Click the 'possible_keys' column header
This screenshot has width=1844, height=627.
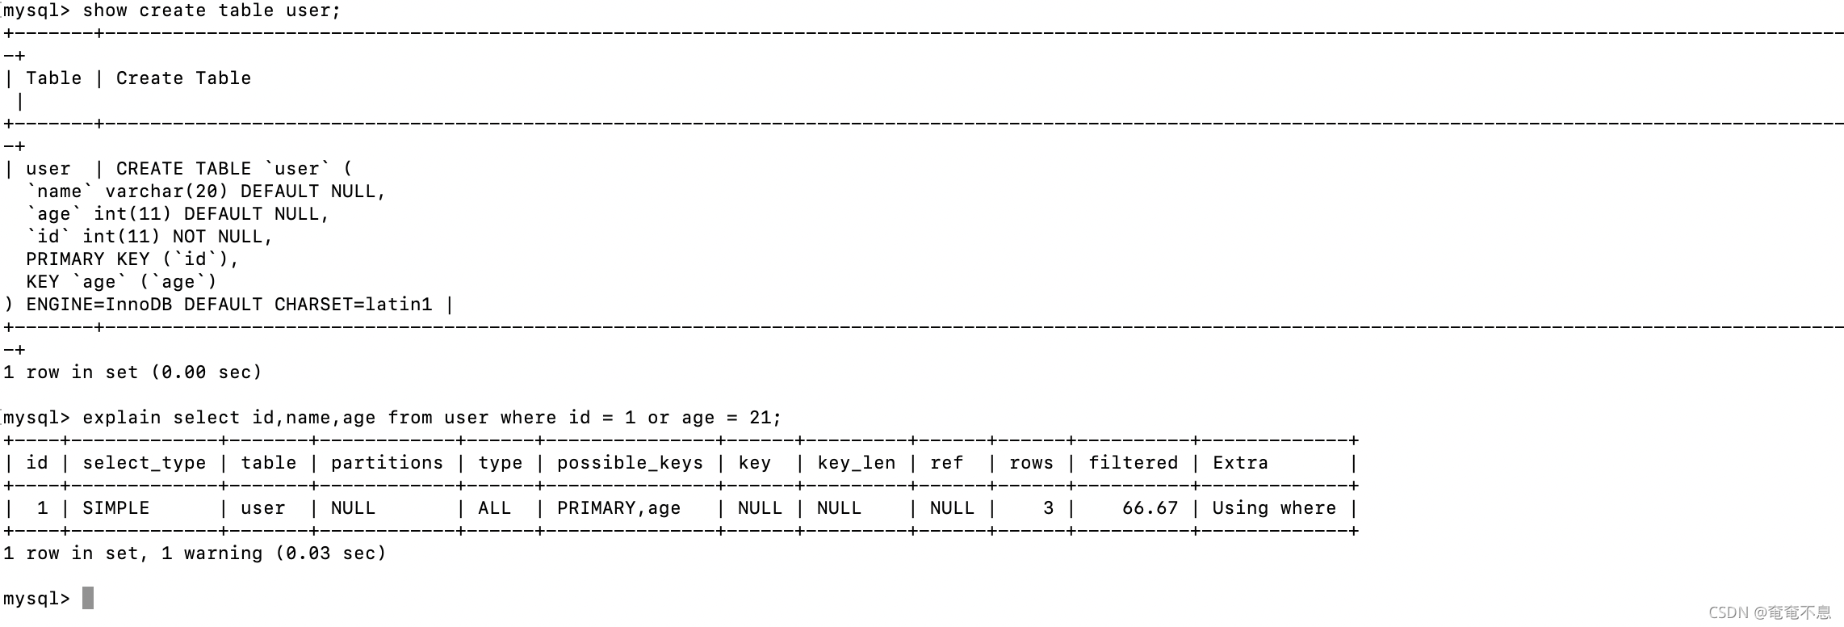(x=630, y=463)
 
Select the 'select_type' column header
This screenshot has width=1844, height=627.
(x=144, y=463)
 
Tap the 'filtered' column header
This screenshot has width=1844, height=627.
(x=1133, y=463)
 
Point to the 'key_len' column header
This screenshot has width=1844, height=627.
(x=856, y=463)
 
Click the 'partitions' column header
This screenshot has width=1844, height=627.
(x=387, y=463)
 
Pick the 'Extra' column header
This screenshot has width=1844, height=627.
(x=1240, y=463)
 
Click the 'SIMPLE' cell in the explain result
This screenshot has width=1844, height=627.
(x=116, y=508)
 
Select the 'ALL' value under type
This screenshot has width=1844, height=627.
(x=494, y=508)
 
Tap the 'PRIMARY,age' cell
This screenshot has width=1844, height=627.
(x=618, y=508)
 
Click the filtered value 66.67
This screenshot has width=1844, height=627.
(x=1150, y=508)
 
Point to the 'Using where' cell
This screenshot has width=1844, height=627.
(x=1274, y=508)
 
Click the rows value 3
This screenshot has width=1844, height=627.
(x=1048, y=508)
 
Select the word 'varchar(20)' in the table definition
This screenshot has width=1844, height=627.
(x=166, y=191)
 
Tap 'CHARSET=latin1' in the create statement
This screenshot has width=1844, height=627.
(x=353, y=305)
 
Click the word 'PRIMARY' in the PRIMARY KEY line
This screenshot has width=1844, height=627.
(x=65, y=259)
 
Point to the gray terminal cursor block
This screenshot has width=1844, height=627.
(x=88, y=598)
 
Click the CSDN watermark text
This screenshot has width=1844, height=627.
(x=1769, y=613)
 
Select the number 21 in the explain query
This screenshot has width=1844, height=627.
(x=760, y=418)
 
